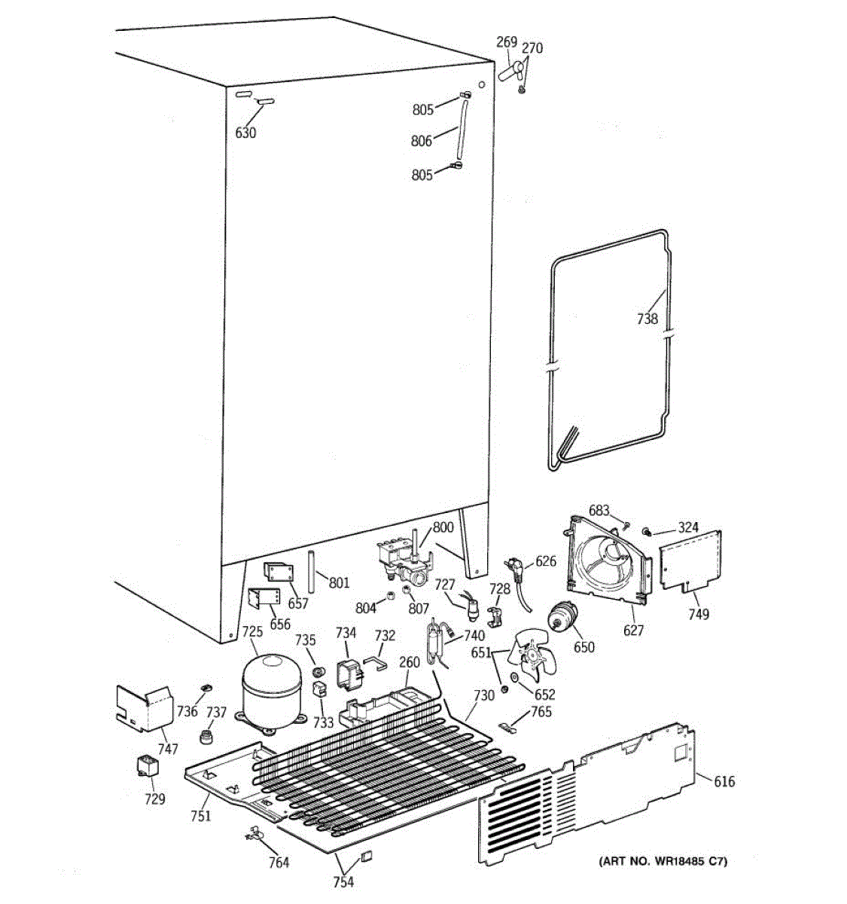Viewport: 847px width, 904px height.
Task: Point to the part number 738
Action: click(x=647, y=319)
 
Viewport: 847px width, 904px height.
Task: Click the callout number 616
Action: click(x=724, y=781)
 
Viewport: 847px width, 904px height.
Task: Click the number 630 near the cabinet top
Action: click(x=245, y=133)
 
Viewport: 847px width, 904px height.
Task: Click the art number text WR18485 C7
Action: click(x=663, y=861)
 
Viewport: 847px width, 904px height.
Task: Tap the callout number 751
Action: click(x=201, y=815)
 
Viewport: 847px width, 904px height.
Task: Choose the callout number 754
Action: click(x=344, y=882)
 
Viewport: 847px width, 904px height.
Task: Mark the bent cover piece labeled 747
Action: click(x=143, y=707)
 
